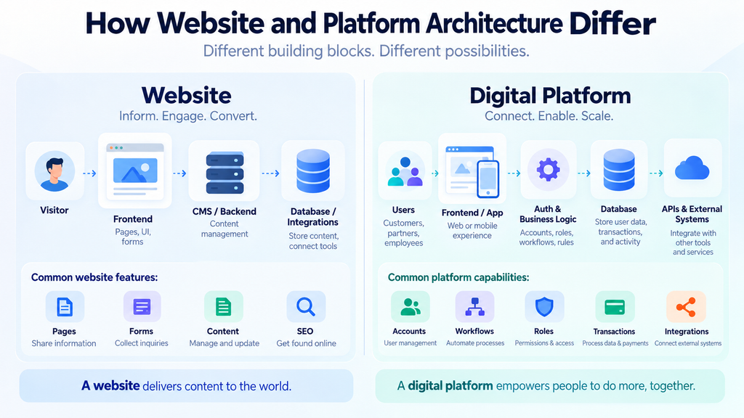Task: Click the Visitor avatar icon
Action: (54, 171)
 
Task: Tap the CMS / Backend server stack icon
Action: (225, 173)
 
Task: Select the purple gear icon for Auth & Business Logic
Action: (548, 170)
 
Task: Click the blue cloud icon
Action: (692, 168)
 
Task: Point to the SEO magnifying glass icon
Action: (306, 307)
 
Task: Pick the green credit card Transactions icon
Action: (615, 308)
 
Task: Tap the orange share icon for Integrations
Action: (686, 307)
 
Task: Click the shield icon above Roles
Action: (544, 307)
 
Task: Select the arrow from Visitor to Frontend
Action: (89, 173)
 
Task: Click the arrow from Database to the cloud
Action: (656, 173)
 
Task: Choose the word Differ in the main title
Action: (612, 23)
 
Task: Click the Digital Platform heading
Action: (550, 96)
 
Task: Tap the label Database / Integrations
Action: (312, 216)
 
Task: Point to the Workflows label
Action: (474, 331)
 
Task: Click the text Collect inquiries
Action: (142, 343)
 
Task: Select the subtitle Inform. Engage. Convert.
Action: (188, 116)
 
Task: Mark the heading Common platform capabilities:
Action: (458, 277)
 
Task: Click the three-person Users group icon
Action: (405, 171)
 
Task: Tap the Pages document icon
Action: (65, 307)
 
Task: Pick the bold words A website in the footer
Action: (110, 386)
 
